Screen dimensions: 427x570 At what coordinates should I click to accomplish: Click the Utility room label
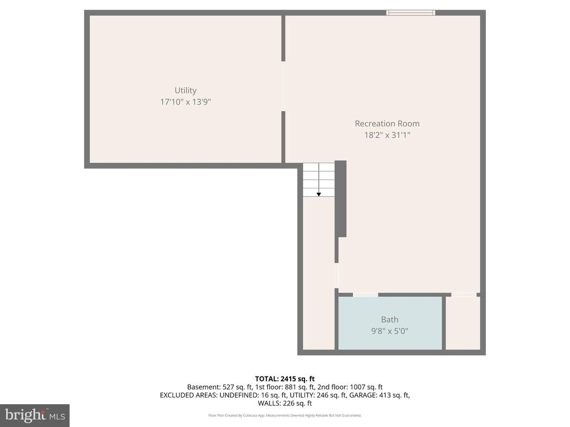tap(185, 90)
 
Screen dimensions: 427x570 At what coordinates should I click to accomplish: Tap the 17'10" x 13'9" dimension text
tap(185, 102)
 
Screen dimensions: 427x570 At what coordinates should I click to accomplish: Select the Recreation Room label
tap(387, 123)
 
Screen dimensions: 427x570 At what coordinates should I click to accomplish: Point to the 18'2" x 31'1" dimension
tap(387, 135)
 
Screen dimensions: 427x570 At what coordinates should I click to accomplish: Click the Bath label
tap(390, 319)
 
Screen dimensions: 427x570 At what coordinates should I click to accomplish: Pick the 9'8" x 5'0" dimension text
tap(390, 331)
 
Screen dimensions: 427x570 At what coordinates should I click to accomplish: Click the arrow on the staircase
tap(319, 193)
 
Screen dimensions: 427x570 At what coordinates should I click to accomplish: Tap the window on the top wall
tap(411, 12)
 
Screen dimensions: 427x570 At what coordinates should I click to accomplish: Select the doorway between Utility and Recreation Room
tap(283, 86)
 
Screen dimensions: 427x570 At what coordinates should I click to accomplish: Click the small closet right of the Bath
tap(463, 323)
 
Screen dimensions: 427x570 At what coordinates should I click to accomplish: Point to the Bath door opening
tap(365, 294)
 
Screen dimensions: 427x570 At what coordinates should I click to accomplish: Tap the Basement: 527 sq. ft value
tap(215, 387)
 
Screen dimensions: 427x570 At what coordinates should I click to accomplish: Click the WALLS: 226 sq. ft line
tap(285, 404)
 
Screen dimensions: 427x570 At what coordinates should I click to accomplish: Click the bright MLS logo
tap(35, 415)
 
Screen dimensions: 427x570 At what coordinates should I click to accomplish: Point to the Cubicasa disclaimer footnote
tap(285, 415)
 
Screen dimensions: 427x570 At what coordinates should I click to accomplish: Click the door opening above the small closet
tap(464, 294)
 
